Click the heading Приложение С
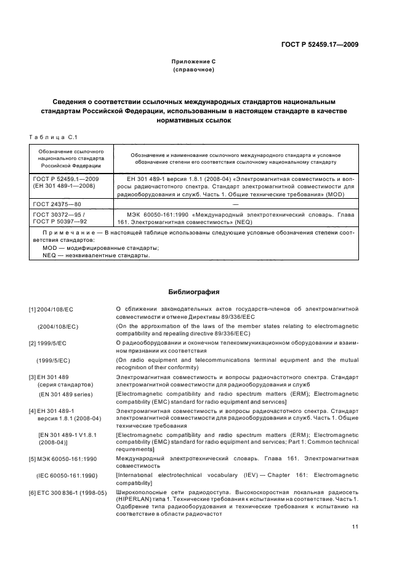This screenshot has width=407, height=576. click(194, 62)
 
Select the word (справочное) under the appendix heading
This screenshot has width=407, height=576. click(194, 70)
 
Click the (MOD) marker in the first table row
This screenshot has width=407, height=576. click(344, 194)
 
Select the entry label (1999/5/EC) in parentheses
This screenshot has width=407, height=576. click(58, 360)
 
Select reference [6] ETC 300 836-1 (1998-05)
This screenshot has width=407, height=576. click(68, 493)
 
